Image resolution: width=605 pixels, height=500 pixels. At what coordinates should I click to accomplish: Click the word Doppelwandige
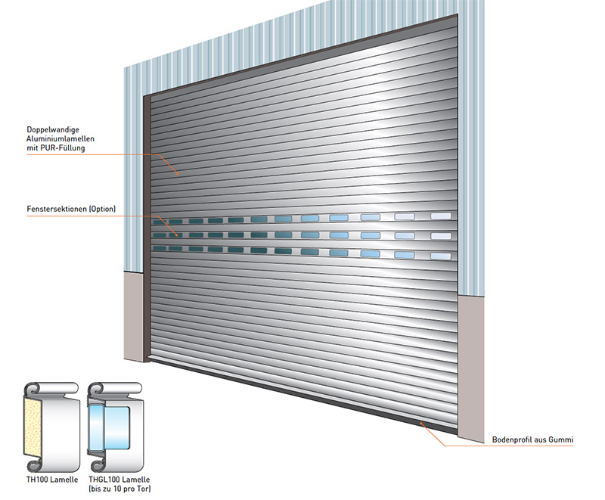[x=53, y=130]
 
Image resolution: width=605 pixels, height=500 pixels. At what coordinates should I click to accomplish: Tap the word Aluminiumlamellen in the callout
[x=60, y=139]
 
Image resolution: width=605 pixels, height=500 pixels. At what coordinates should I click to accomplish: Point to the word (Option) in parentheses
[x=102, y=209]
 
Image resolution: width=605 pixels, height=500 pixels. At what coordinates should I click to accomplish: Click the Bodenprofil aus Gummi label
[x=533, y=439]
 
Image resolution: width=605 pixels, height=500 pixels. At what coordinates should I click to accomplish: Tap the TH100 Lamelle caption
[x=52, y=480]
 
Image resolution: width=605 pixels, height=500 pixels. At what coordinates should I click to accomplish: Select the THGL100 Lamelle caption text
[x=119, y=480]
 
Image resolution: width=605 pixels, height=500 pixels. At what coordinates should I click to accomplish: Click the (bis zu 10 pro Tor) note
[x=119, y=489]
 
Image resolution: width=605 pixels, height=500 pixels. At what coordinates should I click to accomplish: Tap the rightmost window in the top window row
[x=441, y=216]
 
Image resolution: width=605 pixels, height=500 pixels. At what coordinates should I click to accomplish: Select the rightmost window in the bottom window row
[x=441, y=256]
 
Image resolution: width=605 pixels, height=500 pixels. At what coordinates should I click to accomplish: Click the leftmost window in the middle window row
[x=160, y=235]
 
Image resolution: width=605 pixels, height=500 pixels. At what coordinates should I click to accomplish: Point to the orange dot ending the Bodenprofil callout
[x=421, y=424]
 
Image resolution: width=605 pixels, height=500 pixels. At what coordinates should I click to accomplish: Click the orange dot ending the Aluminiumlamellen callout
[x=178, y=174]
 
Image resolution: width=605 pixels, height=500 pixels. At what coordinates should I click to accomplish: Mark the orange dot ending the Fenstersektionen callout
[x=177, y=235]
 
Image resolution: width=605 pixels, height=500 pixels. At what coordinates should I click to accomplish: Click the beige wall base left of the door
[x=134, y=316]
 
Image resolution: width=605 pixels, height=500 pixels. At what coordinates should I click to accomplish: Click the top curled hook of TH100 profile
[x=33, y=389]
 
